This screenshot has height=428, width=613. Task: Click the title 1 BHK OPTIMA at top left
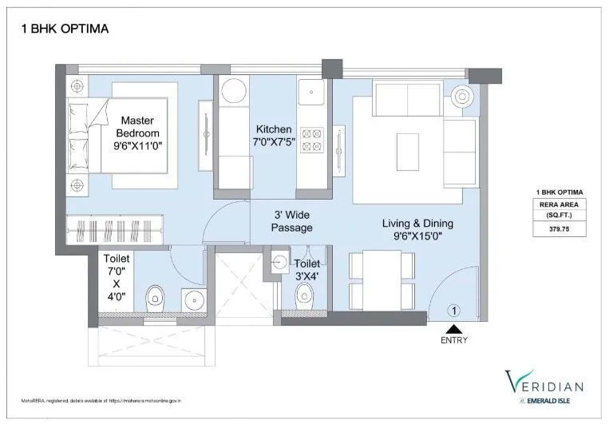[63, 29]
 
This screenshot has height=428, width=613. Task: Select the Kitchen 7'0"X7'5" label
[274, 137]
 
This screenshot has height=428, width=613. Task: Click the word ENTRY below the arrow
[453, 340]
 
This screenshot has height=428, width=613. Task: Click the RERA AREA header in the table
[559, 203]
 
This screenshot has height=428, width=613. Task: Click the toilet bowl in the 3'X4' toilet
[305, 299]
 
